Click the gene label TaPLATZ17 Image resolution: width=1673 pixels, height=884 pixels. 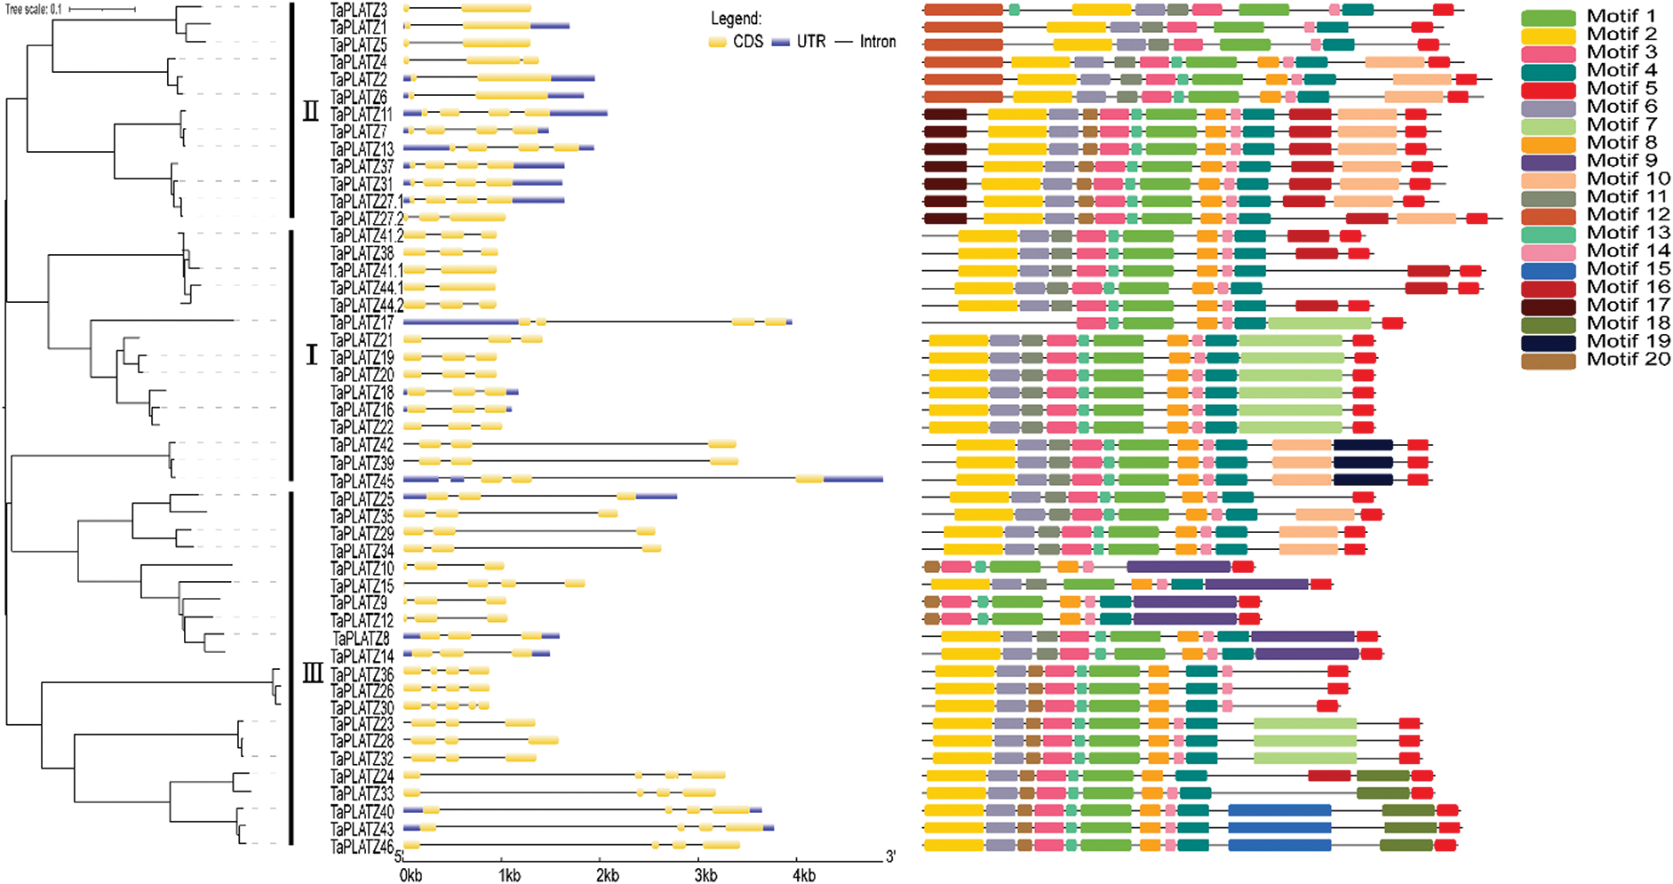pos(362,323)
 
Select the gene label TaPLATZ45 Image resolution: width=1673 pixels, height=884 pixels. pos(362,481)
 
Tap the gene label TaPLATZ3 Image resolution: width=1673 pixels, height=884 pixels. pos(358,11)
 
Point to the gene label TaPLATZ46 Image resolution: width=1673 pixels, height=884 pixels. pos(362,847)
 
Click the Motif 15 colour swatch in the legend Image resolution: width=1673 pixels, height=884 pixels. pos(1548,270)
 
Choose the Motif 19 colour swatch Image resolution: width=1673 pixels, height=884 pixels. pos(1548,342)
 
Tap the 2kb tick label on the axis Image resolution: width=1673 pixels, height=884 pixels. pos(607,876)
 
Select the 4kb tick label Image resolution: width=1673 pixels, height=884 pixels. pos(803,876)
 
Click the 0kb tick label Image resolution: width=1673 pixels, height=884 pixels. pos(410,876)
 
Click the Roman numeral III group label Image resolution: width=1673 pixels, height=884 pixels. pos(312,673)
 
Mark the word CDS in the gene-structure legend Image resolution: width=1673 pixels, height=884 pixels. pos(748,42)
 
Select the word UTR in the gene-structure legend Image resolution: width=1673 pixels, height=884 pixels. pos(810,42)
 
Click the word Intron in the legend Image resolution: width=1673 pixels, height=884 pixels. pos(878,42)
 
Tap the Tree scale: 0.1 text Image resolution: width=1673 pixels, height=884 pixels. pos(34,10)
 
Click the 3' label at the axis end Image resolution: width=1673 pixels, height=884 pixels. pos(889,857)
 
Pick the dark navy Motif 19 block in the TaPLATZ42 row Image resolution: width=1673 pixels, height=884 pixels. pos(1363,445)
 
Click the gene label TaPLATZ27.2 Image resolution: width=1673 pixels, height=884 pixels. pos(366,219)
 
